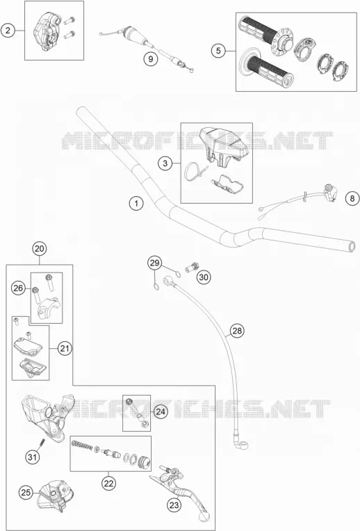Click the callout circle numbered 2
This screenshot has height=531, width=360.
point(8,31)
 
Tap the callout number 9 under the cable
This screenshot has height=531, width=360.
point(150,59)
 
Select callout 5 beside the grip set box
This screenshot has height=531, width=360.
point(218,51)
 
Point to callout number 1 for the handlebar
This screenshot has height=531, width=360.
point(136,203)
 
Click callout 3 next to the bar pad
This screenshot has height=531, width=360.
point(165,163)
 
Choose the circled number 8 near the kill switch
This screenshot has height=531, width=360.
point(352,198)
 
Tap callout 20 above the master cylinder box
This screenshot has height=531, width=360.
point(40,249)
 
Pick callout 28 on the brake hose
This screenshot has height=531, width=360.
point(237,330)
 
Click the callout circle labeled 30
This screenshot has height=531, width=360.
point(204,277)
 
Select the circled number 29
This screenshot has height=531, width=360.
point(154,263)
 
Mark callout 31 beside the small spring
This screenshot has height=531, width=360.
point(32,457)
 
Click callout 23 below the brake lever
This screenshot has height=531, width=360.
point(174,505)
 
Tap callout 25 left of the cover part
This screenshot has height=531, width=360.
point(26,492)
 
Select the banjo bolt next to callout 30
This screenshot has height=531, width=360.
point(191,267)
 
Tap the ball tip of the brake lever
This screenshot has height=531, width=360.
point(205,516)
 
